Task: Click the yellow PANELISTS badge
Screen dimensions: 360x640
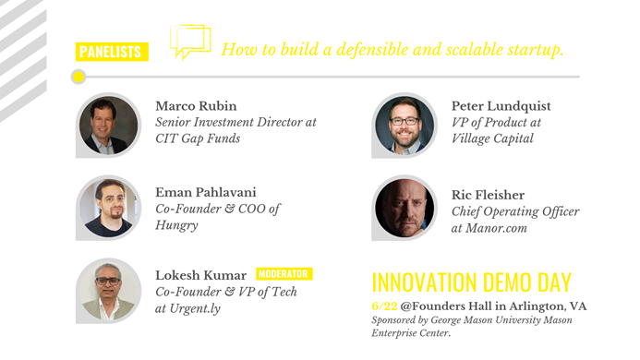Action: coord(112,52)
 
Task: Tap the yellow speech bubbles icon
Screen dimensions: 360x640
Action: coord(189,42)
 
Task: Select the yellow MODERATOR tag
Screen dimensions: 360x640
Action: coord(284,274)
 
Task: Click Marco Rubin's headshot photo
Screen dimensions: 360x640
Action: coord(109,126)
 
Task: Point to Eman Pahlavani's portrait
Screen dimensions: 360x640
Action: coord(109,207)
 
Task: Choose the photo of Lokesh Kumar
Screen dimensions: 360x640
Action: coord(109,289)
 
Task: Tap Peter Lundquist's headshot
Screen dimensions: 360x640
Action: coord(404,126)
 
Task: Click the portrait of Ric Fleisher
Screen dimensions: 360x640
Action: coord(404,208)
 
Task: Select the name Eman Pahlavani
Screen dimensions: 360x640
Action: coord(206,192)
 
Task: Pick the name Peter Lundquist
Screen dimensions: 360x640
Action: coord(501,105)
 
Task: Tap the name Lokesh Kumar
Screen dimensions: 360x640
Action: coord(200,275)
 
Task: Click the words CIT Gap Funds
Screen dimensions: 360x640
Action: coord(197,139)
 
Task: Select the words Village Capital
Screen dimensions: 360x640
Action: coord(492,139)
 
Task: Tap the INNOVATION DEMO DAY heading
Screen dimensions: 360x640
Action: coord(471,282)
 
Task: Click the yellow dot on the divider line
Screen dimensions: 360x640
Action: coord(78,77)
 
